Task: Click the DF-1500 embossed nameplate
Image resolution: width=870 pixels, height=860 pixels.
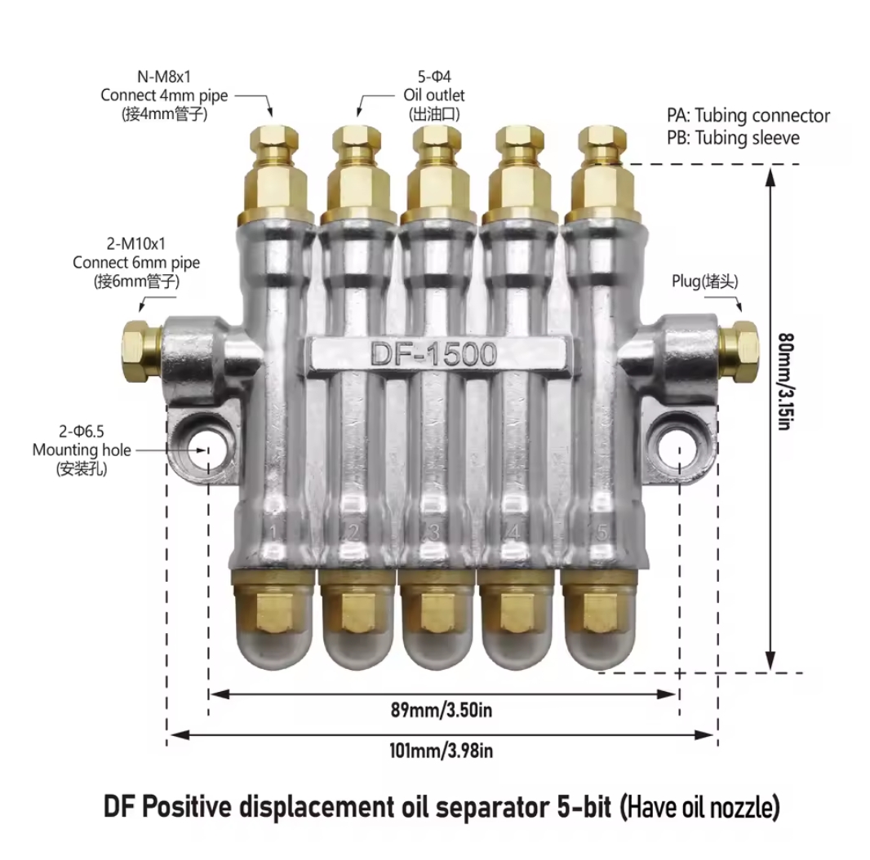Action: [x=433, y=354]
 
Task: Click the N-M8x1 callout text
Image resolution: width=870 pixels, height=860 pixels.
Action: [x=163, y=76]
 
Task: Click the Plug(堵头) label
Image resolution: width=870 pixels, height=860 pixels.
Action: [x=705, y=281]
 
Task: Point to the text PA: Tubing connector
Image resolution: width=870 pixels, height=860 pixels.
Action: [x=748, y=116]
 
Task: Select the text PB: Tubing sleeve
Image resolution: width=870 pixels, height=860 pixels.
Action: [x=733, y=138]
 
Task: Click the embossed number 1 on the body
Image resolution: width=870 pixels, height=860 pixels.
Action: [x=275, y=534]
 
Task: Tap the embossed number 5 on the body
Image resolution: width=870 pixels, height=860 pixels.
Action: [x=602, y=532]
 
